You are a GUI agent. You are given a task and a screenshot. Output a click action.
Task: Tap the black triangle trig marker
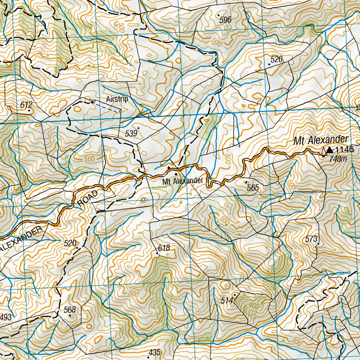tap(329, 150)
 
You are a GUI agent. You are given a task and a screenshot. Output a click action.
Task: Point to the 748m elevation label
tap(338, 159)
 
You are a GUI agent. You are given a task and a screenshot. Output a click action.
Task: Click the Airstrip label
tap(117, 99)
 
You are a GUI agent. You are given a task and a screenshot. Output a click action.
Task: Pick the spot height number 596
tap(225, 20)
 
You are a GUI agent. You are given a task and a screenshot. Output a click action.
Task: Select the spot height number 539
tap(131, 133)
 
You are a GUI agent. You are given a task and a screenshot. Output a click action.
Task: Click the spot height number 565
tap(252, 188)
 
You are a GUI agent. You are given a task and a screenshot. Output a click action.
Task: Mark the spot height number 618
tap(163, 248)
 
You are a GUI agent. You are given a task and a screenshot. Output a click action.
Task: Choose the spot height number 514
tap(227, 301)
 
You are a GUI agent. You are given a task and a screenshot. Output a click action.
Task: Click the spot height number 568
tap(70, 310)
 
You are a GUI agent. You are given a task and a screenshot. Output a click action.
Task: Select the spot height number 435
tap(155, 352)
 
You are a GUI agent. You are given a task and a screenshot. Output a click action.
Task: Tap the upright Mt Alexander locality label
tap(182, 181)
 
